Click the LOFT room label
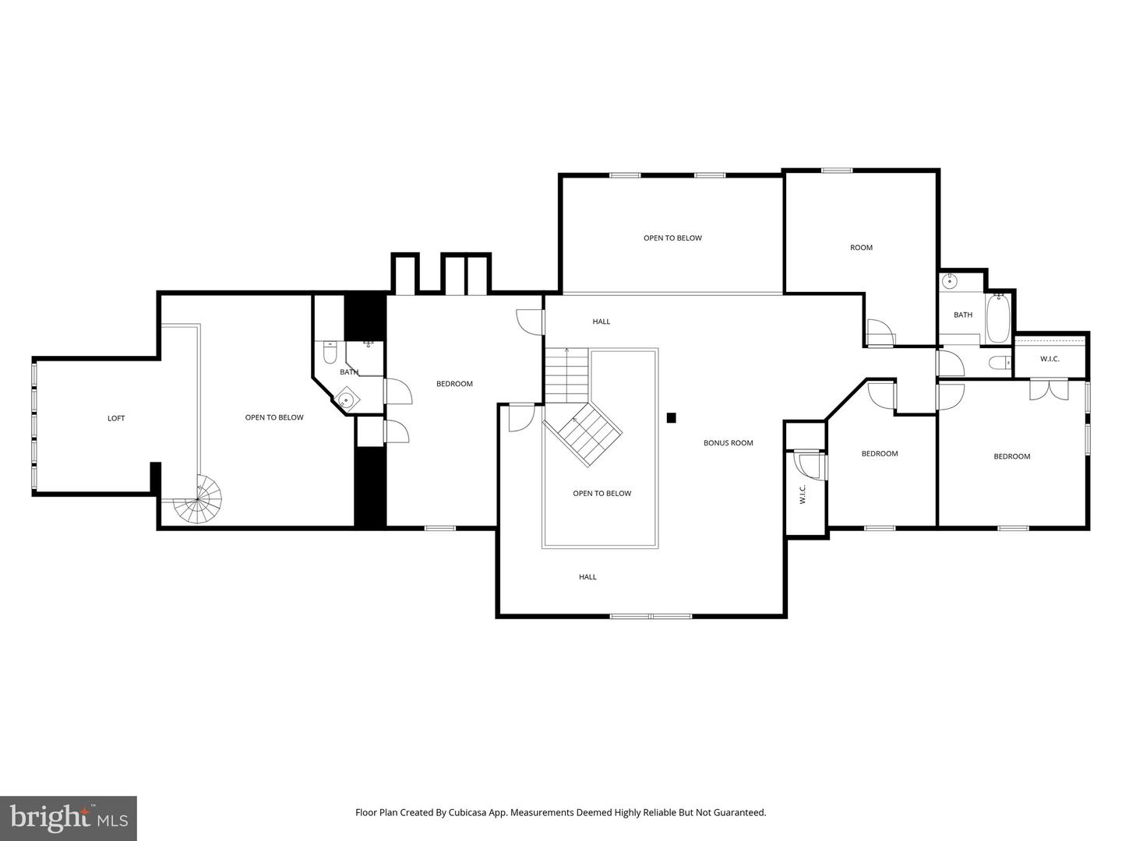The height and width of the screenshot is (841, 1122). click(116, 418)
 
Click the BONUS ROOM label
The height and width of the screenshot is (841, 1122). click(728, 443)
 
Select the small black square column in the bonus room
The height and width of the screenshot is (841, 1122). click(671, 417)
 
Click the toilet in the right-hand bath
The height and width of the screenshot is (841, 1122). click(998, 362)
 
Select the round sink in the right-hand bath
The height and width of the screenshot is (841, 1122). click(950, 281)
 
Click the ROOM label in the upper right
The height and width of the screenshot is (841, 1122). click(861, 248)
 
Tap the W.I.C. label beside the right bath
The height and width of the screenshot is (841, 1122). click(1050, 359)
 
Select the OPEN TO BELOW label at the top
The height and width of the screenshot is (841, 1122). click(672, 238)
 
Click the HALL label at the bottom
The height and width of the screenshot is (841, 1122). click(587, 577)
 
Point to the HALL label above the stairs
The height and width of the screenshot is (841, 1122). click(601, 322)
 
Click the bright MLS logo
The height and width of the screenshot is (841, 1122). click(68, 818)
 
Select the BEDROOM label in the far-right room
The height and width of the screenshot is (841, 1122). click(1011, 456)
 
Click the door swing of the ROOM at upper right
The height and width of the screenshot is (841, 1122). click(880, 333)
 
